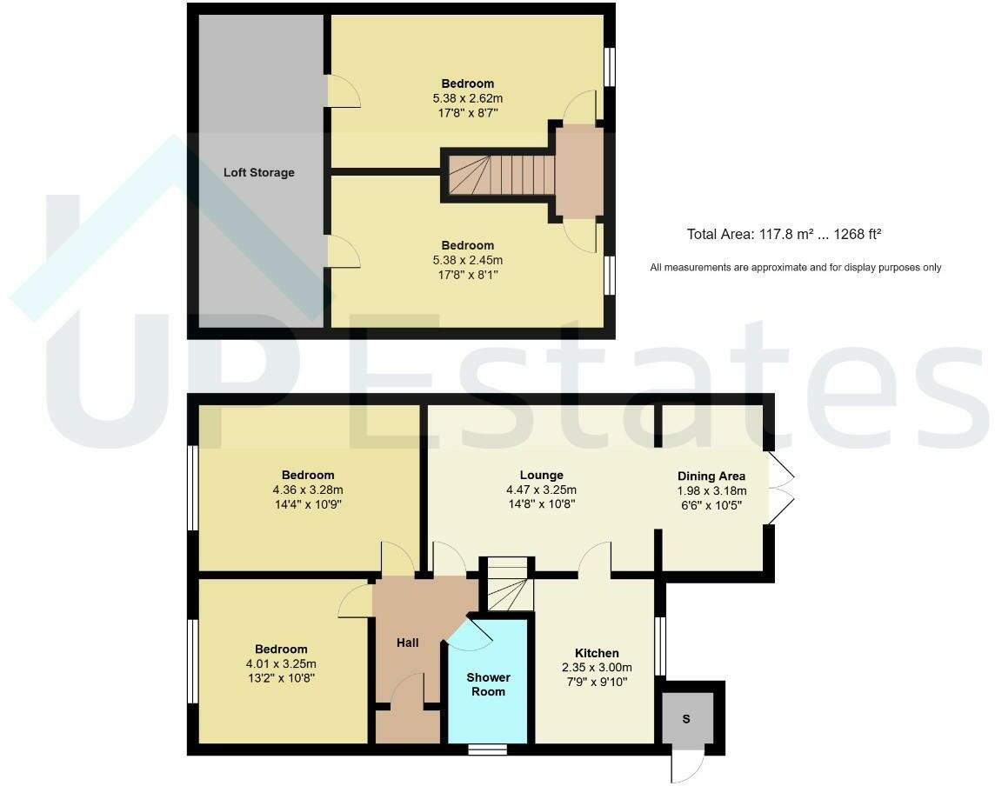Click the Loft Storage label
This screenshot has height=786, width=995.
(258, 172)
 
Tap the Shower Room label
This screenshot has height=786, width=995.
(488, 684)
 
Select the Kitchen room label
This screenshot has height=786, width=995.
(597, 653)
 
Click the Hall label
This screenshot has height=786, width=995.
(407, 643)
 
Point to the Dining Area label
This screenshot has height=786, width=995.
(711, 476)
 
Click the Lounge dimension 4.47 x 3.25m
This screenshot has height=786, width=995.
(541, 490)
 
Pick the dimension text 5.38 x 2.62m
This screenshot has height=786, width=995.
(467, 98)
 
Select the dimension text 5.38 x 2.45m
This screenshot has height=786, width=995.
(467, 260)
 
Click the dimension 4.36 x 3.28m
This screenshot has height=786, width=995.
(308, 490)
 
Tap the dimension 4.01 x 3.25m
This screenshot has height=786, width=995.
(281, 663)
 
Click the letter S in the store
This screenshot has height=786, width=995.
(686, 719)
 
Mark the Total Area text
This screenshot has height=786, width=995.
(785, 234)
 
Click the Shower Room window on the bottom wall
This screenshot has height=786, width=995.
(487, 749)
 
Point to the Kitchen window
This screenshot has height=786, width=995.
(662, 646)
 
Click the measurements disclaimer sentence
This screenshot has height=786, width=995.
(795, 268)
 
